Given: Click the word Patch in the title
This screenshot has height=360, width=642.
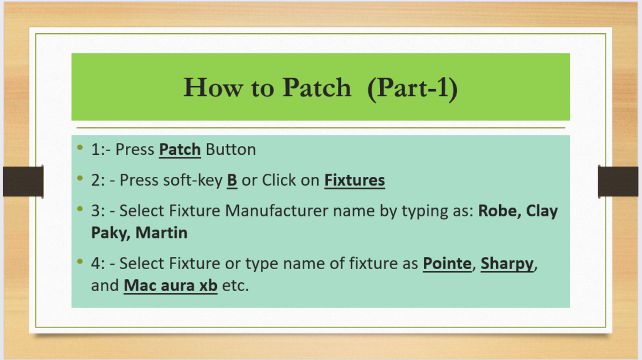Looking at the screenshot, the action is [x=317, y=88].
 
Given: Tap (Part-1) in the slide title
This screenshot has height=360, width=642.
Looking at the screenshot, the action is [x=413, y=88].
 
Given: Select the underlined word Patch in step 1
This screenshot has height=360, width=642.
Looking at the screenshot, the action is [x=180, y=149].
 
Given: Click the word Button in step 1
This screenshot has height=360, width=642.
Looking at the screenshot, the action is [x=231, y=149].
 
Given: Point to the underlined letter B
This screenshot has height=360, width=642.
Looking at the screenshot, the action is [x=232, y=180].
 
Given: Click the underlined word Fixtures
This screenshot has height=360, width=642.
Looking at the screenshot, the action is [x=355, y=180].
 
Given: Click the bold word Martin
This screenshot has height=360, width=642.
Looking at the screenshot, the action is [x=161, y=233].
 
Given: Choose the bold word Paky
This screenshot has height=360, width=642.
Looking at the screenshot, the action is [x=110, y=233].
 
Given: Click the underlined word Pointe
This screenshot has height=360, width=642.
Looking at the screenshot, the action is [x=447, y=263].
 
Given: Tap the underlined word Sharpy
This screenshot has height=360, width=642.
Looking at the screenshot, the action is [x=507, y=264].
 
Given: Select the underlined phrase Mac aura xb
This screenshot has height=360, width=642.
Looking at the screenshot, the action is [x=171, y=286].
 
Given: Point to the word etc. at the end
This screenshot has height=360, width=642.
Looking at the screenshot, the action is [x=236, y=286].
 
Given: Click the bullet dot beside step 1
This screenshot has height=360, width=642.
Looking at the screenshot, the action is [x=80, y=147].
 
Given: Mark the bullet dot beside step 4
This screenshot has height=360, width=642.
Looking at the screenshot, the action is [x=80, y=262].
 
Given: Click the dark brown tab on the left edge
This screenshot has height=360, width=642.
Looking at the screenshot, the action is [x=23, y=181].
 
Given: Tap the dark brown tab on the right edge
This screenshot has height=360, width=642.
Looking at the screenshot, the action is [x=618, y=181].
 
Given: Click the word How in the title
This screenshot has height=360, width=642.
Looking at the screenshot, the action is [x=213, y=88].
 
